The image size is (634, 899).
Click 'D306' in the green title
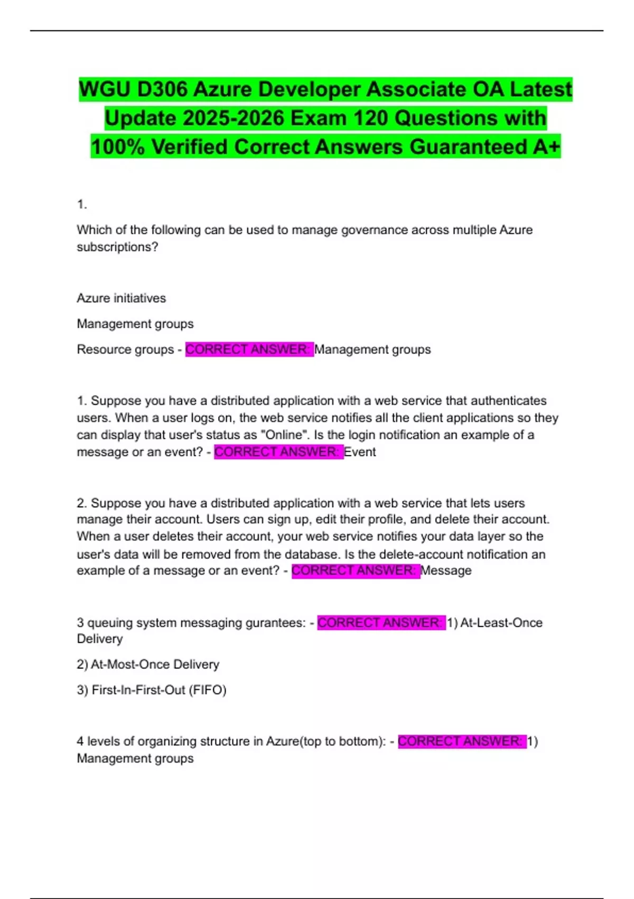[x=161, y=89]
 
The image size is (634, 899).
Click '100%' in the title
[x=117, y=146]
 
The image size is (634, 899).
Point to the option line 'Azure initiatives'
[x=121, y=298]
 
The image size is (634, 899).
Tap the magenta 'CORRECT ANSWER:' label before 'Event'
[x=278, y=452]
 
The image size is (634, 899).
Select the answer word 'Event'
[x=360, y=452]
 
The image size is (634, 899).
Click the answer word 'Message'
[x=446, y=571]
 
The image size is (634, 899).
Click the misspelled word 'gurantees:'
[x=277, y=622]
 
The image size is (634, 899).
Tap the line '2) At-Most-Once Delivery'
[x=148, y=664]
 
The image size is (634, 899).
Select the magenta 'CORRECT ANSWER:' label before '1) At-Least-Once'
[x=381, y=622]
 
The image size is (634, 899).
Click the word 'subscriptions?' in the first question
[x=117, y=247]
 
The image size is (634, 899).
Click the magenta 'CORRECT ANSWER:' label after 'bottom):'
[x=462, y=741]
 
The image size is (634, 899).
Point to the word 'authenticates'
[x=509, y=401]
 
